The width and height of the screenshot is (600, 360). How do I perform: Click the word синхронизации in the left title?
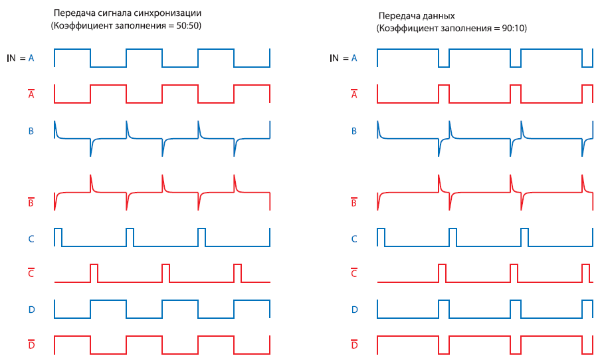(x=167, y=13)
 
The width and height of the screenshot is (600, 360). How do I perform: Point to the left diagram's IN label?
(x=11, y=58)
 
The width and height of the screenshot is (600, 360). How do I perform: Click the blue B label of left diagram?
(x=31, y=131)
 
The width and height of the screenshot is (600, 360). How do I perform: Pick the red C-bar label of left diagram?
(x=31, y=274)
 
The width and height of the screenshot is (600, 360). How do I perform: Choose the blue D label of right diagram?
(x=354, y=310)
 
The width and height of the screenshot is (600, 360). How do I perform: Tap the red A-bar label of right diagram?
(x=354, y=95)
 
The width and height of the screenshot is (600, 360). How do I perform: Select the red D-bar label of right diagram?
(x=354, y=345)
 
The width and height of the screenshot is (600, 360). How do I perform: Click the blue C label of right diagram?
(x=354, y=238)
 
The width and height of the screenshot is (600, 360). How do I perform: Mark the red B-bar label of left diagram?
(x=31, y=203)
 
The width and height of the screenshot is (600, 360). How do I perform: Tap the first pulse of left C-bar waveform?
(x=94, y=273)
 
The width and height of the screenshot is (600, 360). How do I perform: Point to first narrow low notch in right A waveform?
(x=443, y=61)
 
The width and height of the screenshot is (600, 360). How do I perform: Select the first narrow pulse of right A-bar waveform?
(x=443, y=94)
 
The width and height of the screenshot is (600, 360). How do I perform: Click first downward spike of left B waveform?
(x=91, y=149)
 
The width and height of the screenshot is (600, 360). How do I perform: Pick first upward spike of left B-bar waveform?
(x=91, y=182)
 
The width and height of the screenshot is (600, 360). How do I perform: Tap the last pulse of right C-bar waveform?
(x=585, y=273)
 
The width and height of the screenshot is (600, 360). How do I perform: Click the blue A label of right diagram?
(x=354, y=58)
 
